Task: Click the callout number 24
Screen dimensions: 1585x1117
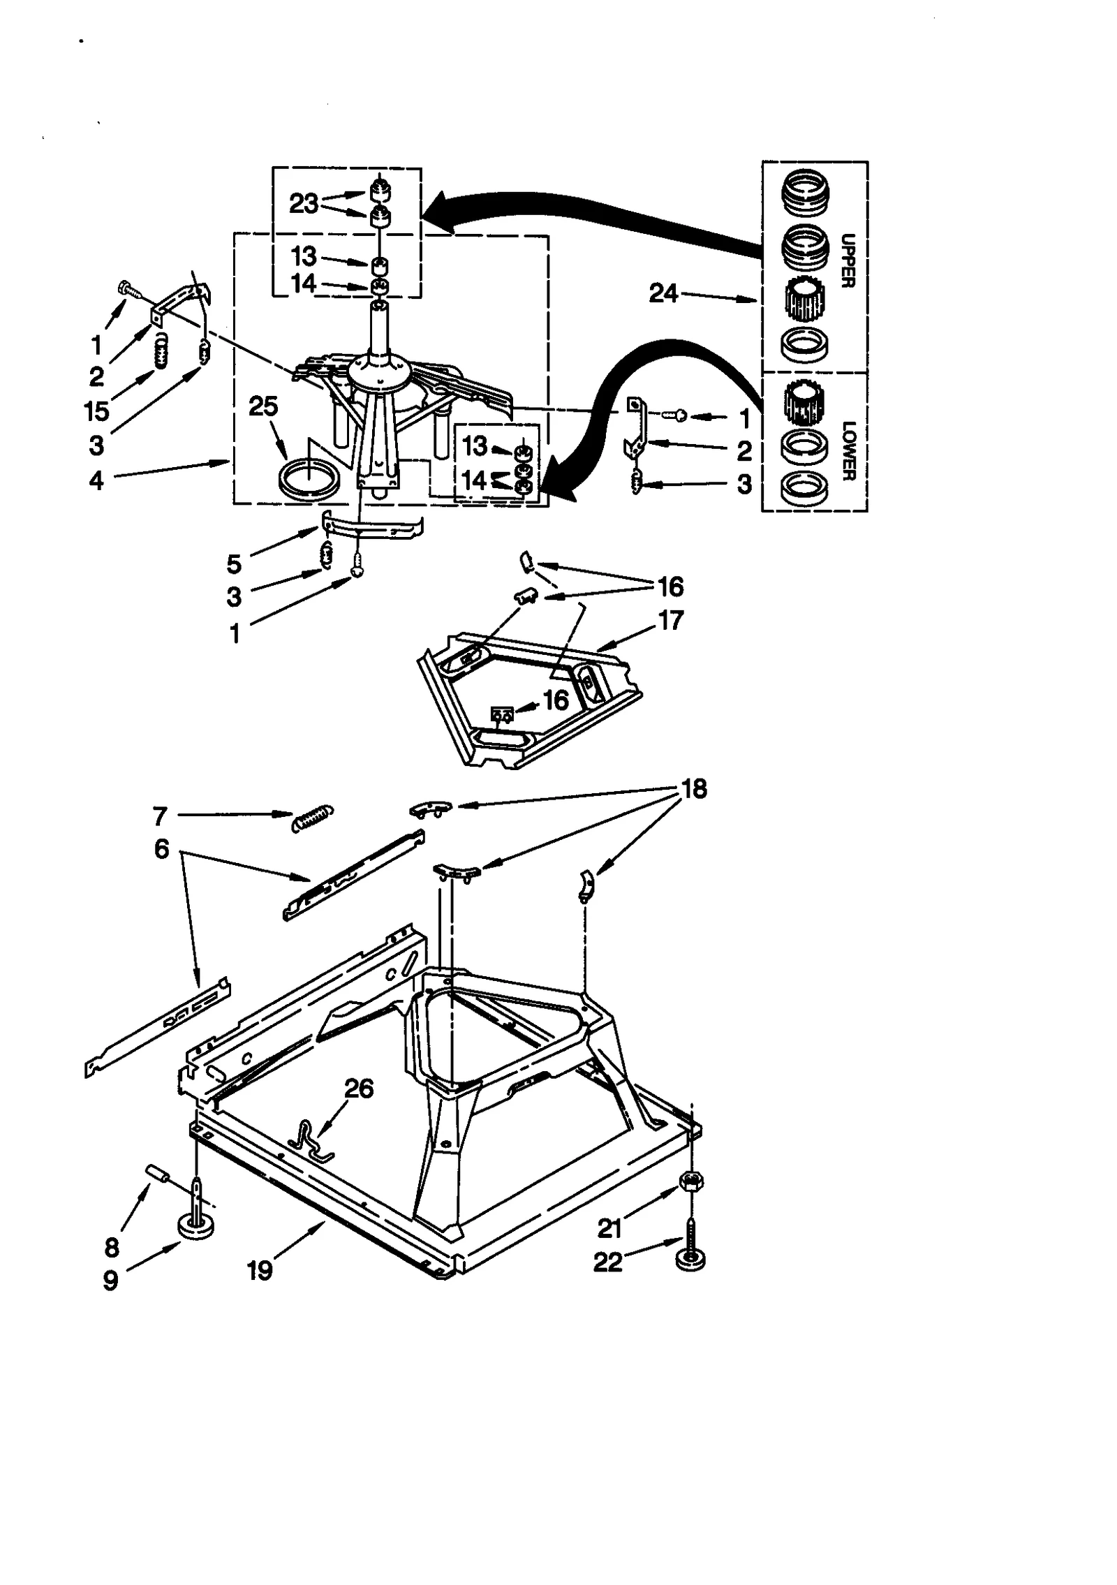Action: [663, 293]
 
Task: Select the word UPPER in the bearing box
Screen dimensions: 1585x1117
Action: [848, 260]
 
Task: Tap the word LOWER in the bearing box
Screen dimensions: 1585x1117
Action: [848, 450]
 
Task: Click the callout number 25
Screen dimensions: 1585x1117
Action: [263, 406]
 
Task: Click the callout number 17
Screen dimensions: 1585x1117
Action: [671, 620]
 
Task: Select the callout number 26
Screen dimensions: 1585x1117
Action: [360, 1089]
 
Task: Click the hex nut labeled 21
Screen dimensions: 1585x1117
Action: [690, 1181]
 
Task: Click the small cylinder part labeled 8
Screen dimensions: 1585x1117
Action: [158, 1174]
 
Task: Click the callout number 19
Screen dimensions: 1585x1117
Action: [259, 1270]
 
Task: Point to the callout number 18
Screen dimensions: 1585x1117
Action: [694, 789]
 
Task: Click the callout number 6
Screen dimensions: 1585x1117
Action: [161, 849]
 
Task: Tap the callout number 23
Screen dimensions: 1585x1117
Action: [304, 203]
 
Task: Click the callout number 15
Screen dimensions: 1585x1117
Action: [96, 411]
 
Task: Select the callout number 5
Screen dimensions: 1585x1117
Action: [234, 563]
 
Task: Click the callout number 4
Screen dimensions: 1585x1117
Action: [96, 480]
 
